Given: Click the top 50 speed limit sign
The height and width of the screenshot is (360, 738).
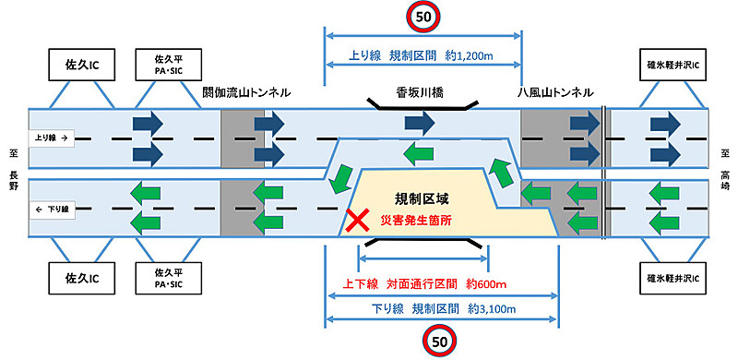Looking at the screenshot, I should tap(422, 16).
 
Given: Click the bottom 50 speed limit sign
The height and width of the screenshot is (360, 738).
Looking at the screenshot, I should tap(439, 343).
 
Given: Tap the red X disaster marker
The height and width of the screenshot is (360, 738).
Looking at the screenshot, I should tap(354, 221).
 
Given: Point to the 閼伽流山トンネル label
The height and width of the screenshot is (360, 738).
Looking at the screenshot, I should tap(246, 92).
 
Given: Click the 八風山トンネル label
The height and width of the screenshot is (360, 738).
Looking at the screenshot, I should tap(555, 92).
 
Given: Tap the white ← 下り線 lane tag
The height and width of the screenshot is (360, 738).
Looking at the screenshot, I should tap(52, 184).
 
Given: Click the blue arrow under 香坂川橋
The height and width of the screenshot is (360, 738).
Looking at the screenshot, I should tap(420, 122).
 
